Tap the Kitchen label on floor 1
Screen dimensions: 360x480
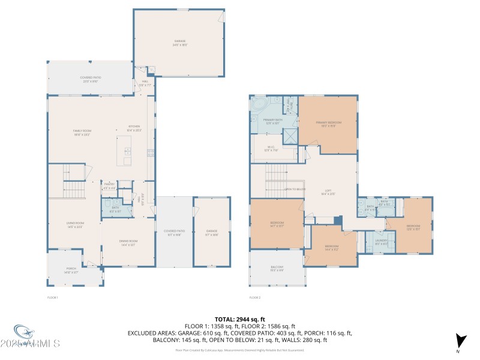click(134, 128)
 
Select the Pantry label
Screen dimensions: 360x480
click(109, 186)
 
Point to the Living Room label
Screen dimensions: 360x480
click(74, 225)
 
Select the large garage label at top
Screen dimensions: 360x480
click(179, 43)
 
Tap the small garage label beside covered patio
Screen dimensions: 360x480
click(212, 232)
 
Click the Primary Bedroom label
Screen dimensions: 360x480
click(328, 124)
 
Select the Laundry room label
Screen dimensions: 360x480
click(382, 242)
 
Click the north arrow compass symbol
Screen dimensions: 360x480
click(460, 341)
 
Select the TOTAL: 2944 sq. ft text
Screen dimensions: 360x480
click(239, 319)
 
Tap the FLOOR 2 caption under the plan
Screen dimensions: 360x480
click(256, 298)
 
